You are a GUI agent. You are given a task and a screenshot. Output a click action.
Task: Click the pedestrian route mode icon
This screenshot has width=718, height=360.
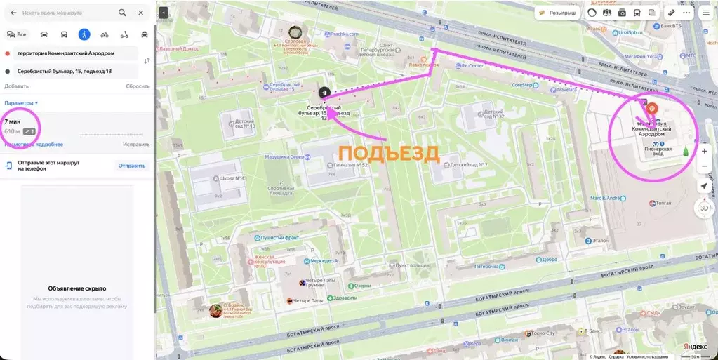(x=84, y=34)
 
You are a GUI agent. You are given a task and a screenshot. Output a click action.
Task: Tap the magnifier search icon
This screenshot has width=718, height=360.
(x=122, y=13)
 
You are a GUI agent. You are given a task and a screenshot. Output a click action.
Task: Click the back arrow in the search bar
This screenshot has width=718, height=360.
(x=13, y=13)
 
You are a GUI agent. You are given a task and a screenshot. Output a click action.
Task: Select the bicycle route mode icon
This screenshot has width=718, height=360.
(x=105, y=34)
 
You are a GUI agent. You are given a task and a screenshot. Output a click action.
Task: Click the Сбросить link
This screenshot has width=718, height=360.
(x=138, y=86)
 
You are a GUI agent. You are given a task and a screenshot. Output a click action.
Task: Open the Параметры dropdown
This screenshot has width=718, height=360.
(x=20, y=103)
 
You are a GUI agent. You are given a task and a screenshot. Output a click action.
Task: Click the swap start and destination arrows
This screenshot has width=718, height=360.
(x=146, y=62)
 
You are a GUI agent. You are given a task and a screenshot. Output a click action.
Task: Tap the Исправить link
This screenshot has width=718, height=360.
(x=136, y=145)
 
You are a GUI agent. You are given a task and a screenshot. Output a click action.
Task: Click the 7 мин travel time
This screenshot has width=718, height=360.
(x=13, y=122)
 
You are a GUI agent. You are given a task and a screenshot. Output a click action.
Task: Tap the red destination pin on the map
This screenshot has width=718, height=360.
(x=651, y=109)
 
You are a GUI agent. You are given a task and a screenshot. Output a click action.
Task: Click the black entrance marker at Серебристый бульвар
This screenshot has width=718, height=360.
(x=324, y=93)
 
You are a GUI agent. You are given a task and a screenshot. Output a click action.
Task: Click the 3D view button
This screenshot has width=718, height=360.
(x=704, y=208)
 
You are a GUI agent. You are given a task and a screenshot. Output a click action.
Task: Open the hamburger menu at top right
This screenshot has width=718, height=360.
(x=705, y=13)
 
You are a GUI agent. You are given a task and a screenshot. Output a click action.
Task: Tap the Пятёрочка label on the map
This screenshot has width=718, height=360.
(x=489, y=267)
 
